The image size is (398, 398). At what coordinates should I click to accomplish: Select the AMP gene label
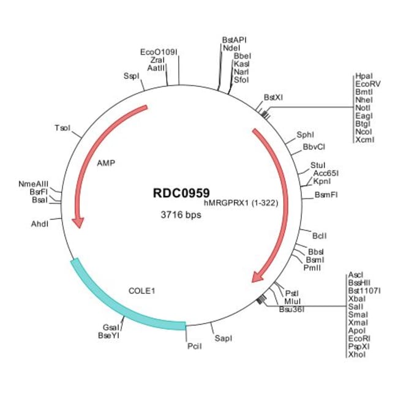pos(106,163)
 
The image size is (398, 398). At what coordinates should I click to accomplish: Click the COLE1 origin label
pos(141,290)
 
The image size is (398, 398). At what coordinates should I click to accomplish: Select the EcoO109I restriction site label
pos(159,52)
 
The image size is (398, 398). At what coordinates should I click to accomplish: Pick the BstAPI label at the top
pos(235,40)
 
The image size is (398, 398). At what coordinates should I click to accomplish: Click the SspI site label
pos(132,77)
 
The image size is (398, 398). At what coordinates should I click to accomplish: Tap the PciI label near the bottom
pos(194,347)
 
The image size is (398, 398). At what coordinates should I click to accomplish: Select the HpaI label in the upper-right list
pos(363,76)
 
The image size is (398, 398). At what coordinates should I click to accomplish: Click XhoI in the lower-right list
pos(356,355)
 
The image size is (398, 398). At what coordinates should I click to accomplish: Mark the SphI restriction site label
pos(305,134)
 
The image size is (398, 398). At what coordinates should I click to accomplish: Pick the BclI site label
pos(320,235)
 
